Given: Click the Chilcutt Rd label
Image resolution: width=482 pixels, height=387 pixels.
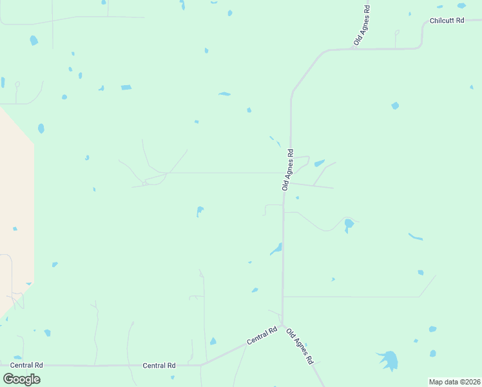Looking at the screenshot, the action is (x=447, y=20).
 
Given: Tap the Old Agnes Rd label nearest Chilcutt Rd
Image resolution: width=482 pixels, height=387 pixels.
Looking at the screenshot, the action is (x=362, y=26).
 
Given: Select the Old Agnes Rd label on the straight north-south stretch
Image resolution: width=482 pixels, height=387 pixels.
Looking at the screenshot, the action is (x=288, y=170).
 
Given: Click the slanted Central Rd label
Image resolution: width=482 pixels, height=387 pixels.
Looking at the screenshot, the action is (x=262, y=335).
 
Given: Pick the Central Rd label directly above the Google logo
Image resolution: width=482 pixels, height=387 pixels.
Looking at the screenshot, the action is (x=26, y=365).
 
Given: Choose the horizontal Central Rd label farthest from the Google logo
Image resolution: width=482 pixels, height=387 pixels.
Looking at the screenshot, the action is (x=159, y=365).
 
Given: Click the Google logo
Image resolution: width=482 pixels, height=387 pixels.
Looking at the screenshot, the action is (x=22, y=379).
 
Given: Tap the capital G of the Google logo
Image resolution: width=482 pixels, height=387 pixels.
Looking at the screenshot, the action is (x=8, y=379).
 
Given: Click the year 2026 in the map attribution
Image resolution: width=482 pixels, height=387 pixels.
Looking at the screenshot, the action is (x=470, y=382).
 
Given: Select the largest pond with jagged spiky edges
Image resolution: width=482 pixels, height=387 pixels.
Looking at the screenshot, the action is (x=388, y=360).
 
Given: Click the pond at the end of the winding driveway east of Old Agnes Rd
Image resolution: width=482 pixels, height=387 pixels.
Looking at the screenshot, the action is (x=349, y=224).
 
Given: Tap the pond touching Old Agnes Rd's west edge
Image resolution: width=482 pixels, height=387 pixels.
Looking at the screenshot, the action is (x=277, y=248).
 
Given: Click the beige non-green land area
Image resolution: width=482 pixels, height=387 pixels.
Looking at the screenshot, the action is (x=16, y=206).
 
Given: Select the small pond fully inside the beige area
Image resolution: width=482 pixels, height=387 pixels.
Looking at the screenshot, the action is (x=15, y=228).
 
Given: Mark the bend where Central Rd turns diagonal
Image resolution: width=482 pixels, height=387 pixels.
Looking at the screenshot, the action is (x=201, y=364).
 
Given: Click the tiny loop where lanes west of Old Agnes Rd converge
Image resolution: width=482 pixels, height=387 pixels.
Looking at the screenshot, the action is (x=146, y=182).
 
